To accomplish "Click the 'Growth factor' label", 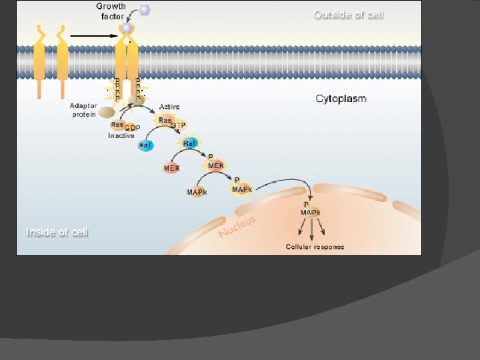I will tap(111, 11).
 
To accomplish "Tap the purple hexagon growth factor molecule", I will tap(145, 11).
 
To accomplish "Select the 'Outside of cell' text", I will tap(349, 15).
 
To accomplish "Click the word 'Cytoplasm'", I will tap(341, 99).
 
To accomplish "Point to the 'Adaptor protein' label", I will tap(84, 109).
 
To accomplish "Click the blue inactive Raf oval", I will tap(145, 145).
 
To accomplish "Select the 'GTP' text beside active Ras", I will tap(178, 125).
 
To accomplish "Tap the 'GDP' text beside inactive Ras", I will tap(132, 128).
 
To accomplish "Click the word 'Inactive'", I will tap(121, 136).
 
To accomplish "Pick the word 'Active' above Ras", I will tap(169, 107).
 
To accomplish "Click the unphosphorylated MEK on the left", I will tap(172, 168).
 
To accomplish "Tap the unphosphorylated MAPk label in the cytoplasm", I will tap(197, 192).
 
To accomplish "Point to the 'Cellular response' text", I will tap(315, 247).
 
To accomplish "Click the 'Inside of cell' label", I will tap(57, 232).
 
